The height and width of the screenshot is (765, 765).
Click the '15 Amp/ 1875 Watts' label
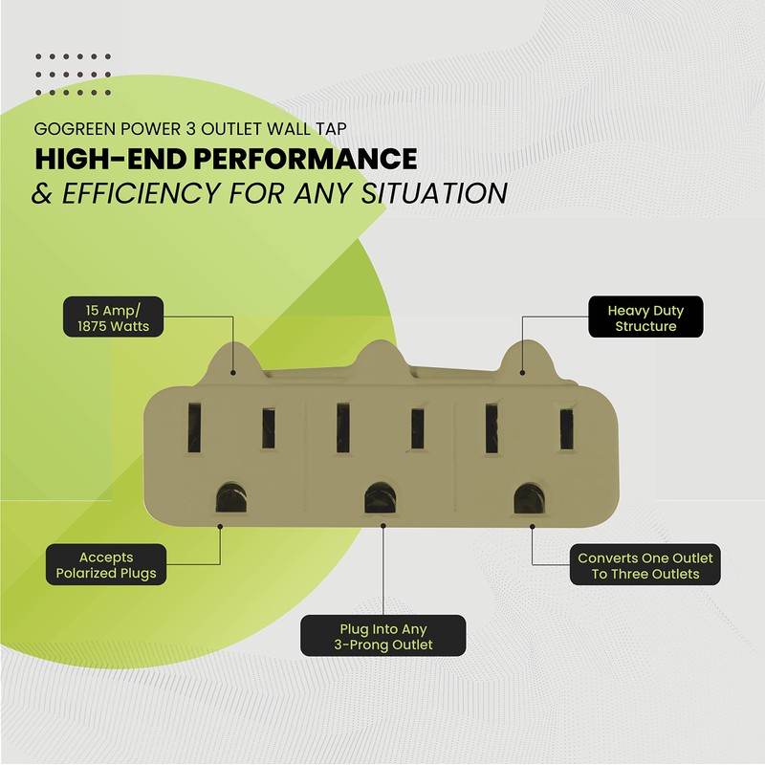[x=113, y=317]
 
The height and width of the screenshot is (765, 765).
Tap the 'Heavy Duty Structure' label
[x=645, y=317]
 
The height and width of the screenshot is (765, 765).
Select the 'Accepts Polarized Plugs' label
[x=106, y=564]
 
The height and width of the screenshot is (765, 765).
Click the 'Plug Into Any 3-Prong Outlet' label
[x=383, y=636]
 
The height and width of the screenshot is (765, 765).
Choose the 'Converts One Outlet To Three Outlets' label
[x=645, y=565]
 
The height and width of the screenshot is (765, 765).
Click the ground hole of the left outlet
[x=230, y=497]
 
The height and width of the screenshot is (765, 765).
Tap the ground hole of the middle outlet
[x=380, y=497]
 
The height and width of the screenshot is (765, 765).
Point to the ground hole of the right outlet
[x=529, y=498]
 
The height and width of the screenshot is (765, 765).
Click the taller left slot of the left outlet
[x=194, y=427]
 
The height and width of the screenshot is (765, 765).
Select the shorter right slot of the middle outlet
[x=417, y=428]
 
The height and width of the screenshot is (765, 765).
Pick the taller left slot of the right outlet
[x=492, y=428]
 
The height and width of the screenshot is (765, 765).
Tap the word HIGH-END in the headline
[x=110, y=159]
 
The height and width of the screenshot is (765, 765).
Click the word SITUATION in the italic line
[x=434, y=193]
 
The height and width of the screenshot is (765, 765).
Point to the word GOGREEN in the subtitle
[x=76, y=129]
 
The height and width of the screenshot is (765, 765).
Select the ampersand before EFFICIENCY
[x=42, y=193]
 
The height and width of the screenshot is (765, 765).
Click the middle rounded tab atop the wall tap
[x=381, y=361]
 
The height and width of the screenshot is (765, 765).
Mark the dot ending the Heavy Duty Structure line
[x=522, y=373]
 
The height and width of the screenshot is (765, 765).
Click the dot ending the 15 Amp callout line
[x=233, y=373]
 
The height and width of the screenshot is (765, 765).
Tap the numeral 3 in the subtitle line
[x=189, y=129]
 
